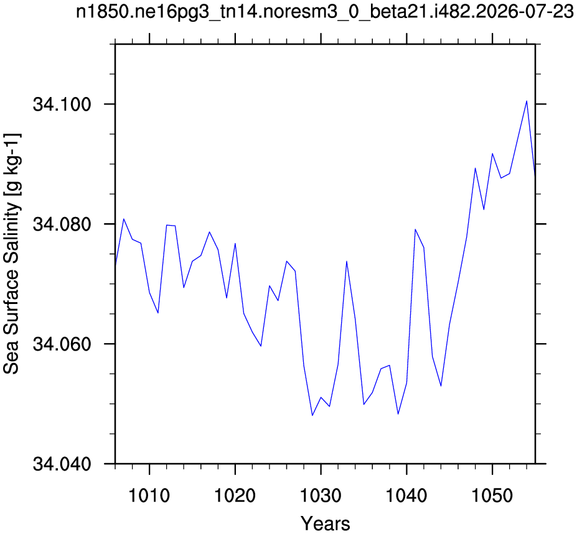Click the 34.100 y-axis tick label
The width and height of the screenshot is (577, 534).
point(62,104)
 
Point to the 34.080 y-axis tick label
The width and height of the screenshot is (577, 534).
point(62,224)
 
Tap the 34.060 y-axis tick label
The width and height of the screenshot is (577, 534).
point(62,344)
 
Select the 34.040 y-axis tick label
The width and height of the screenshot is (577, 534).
point(62,464)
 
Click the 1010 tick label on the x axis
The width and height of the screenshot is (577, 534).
point(149,496)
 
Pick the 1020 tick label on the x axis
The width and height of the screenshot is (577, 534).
point(235,496)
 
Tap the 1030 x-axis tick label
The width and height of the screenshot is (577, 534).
point(321,496)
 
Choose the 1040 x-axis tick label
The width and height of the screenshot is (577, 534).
point(406,496)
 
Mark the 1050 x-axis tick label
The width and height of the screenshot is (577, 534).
point(492,496)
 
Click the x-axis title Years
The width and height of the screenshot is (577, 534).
point(326,523)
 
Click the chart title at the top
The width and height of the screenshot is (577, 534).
point(324,12)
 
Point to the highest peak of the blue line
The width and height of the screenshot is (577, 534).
point(527,101)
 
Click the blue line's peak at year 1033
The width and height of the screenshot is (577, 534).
point(346,261)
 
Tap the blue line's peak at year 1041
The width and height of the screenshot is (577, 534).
point(415,229)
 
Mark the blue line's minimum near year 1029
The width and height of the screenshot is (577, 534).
point(312,415)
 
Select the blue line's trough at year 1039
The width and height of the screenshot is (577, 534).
point(398,414)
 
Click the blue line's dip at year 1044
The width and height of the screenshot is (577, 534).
point(441,386)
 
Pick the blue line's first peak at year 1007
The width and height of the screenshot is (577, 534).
point(124,219)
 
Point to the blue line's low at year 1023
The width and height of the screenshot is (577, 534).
point(261,346)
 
